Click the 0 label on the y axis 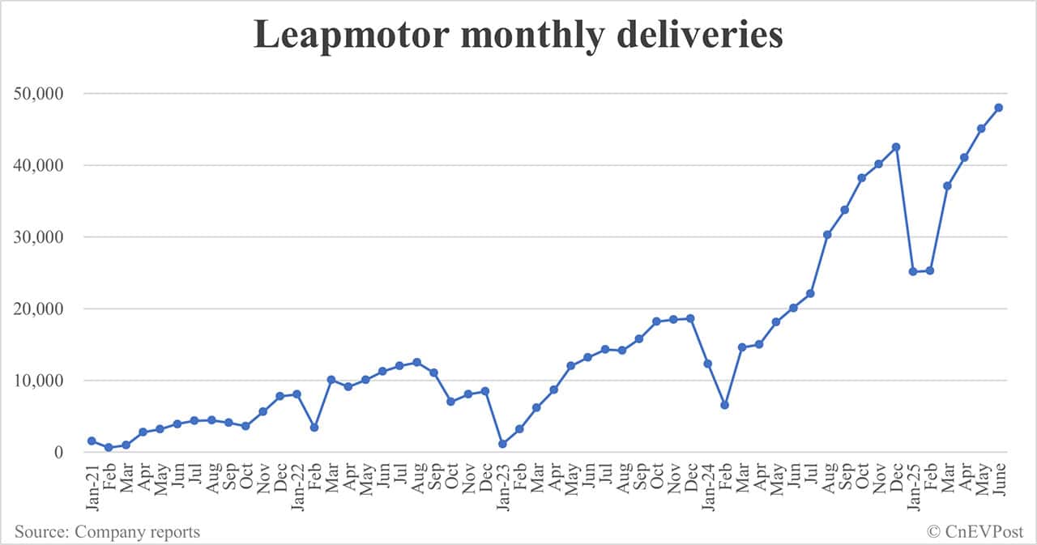pos(58,453)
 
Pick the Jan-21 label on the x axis pos(92,486)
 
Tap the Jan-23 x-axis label pos(502,486)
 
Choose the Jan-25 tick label pos(913,486)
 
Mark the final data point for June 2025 pos(998,108)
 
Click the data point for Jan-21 pos(92,441)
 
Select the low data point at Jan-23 pos(502,444)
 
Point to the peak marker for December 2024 pos(896,147)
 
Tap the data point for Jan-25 pos(913,271)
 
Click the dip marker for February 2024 pos(724,405)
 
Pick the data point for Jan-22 pos(297,394)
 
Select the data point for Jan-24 pos(707,364)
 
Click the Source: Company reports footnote pos(107,532)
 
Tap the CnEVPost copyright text pos(976,532)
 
